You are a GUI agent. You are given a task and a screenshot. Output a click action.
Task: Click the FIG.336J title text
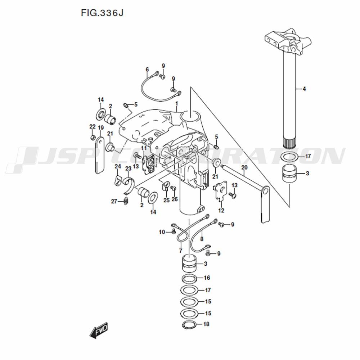click(102, 13)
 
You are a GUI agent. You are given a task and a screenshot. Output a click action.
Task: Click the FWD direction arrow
click(99, 330)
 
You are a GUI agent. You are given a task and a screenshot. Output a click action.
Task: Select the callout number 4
click(304, 89)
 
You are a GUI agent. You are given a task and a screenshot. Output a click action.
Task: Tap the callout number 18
click(206, 324)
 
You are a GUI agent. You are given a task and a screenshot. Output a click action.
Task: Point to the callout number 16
click(207, 278)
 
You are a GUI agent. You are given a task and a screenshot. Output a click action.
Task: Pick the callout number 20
click(244, 167)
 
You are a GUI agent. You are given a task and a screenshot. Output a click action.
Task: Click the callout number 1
click(176, 104)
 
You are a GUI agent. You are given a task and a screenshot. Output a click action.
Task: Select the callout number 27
click(114, 201)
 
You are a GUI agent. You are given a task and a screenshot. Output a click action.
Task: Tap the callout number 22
click(92, 126)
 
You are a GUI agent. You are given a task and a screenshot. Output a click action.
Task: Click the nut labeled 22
click(93, 138)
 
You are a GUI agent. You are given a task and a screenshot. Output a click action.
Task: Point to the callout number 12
click(221, 210)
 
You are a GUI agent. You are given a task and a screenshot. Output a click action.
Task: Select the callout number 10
click(162, 232)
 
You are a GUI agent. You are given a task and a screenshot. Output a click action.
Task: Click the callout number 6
click(147, 69)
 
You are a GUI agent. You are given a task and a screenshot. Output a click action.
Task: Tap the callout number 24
click(118, 166)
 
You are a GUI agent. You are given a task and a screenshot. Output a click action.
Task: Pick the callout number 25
click(166, 200)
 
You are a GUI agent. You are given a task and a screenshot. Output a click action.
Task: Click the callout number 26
click(175, 199)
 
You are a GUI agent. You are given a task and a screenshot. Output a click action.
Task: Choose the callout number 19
click(101, 128)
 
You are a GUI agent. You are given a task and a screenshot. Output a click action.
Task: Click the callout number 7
click(181, 251)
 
